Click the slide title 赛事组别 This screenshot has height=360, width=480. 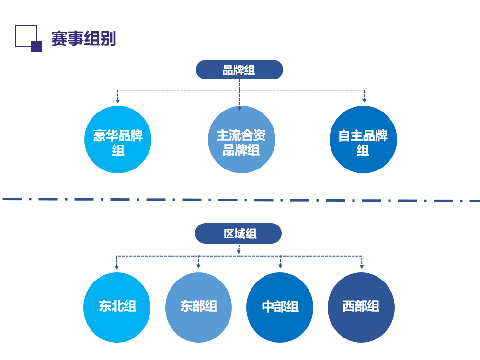(x=83, y=39)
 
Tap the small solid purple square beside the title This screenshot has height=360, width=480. (x=36, y=46)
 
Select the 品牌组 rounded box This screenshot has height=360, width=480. (x=239, y=70)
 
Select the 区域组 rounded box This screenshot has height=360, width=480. (x=238, y=234)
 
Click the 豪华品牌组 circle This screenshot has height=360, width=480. (x=118, y=140)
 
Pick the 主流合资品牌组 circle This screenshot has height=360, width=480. (x=241, y=140)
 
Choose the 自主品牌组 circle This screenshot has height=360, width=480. (x=363, y=140)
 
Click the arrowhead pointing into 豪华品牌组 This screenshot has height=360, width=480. (x=118, y=101)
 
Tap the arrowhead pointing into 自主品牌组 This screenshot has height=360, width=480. (x=364, y=100)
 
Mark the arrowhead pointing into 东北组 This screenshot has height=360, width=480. (x=117, y=266)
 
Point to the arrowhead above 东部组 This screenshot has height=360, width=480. (x=198, y=266)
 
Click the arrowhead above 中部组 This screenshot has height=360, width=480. (x=280, y=266)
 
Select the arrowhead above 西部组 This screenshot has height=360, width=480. (x=362, y=266)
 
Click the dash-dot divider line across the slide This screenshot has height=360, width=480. (x=240, y=200)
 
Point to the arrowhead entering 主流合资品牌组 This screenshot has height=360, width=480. (x=240, y=108)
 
